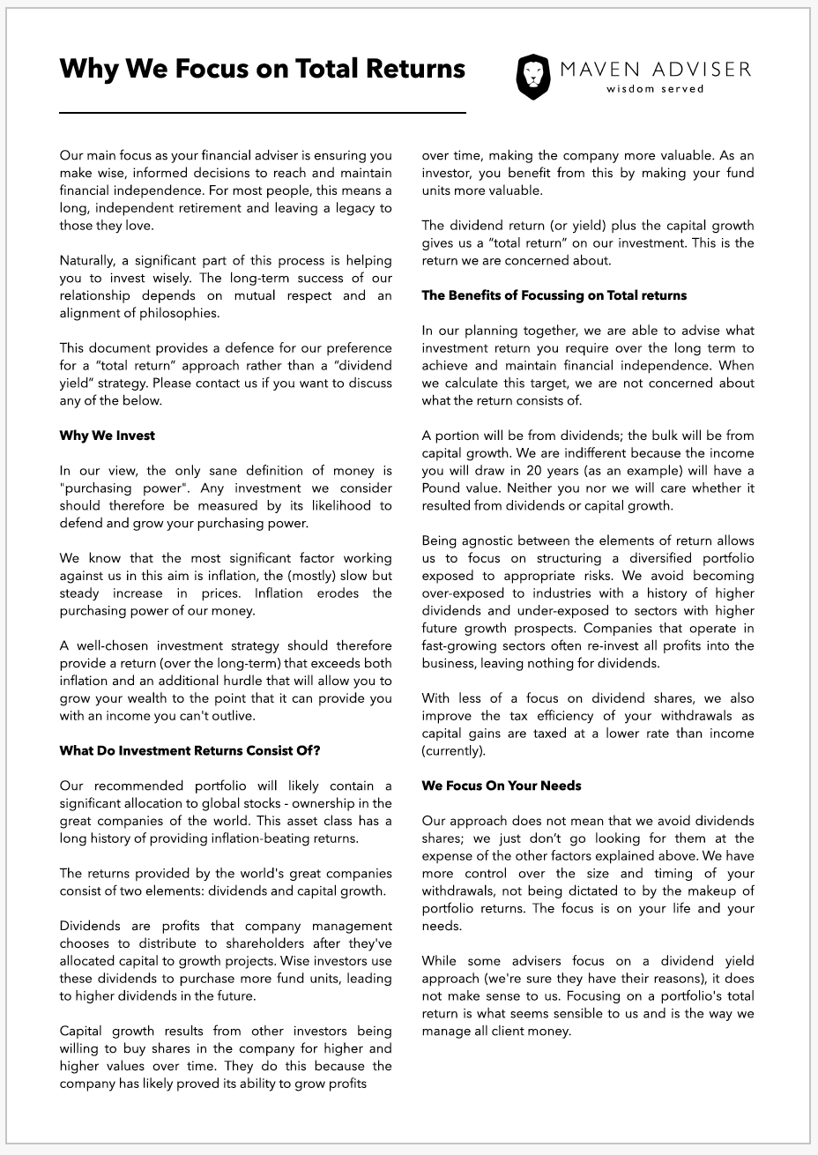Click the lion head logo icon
[x=532, y=76]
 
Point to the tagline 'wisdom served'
[x=655, y=89]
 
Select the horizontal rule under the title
[x=262, y=113]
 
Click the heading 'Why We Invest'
[x=108, y=436]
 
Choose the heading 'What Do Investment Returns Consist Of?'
[x=190, y=751]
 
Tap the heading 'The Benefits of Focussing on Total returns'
[x=554, y=295]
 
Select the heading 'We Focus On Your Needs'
[x=502, y=786]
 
